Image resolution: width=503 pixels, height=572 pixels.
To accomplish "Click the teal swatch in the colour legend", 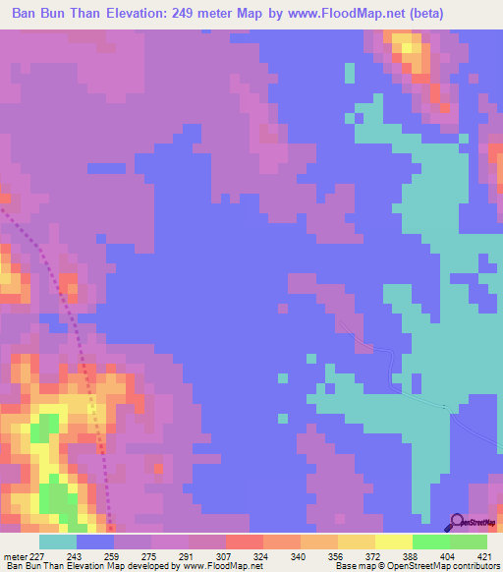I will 58,542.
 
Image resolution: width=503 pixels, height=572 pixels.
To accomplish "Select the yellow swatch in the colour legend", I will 393,542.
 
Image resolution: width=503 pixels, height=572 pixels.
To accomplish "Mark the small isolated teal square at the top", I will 350,73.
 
